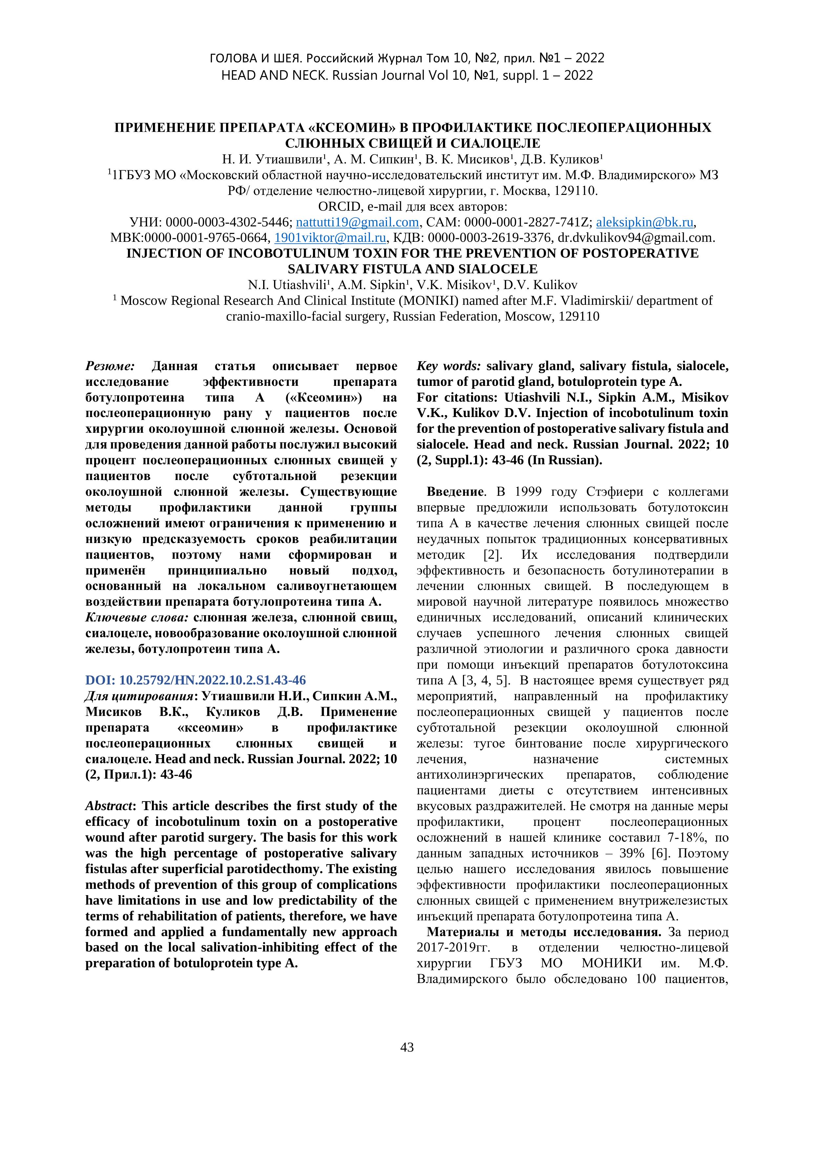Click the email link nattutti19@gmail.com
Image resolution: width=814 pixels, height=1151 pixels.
[357, 222]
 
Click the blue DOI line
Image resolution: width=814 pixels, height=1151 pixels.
[196, 680]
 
